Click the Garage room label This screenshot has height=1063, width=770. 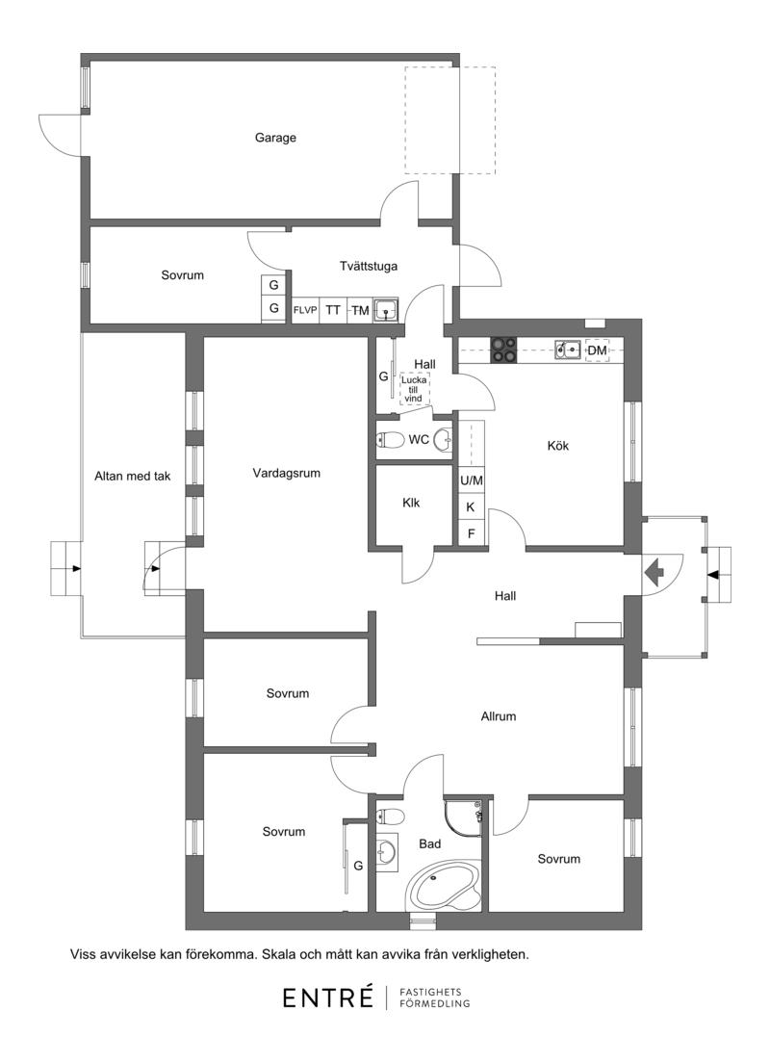click(275, 138)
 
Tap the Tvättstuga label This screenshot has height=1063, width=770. click(369, 266)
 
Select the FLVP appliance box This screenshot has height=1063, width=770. click(305, 310)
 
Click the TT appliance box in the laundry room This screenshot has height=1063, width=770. click(333, 310)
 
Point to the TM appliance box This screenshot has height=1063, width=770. click(360, 310)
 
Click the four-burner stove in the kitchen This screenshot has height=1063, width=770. click(503, 350)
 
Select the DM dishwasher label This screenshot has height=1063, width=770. click(597, 350)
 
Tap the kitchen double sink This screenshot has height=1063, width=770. click(568, 350)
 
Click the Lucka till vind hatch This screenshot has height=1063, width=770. click(414, 389)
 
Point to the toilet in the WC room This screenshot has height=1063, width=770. click(390, 440)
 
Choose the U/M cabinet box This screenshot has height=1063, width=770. click(472, 480)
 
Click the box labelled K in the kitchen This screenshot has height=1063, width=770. click(472, 507)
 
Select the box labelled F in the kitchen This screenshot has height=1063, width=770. click(472, 532)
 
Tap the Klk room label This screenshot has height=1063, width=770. click(411, 503)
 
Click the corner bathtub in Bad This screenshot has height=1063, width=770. click(444, 885)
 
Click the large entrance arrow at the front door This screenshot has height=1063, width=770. click(654, 573)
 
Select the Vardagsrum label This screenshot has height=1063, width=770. click(286, 473)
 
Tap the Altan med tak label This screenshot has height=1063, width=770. click(132, 477)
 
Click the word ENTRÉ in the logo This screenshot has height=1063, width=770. click(328, 998)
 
